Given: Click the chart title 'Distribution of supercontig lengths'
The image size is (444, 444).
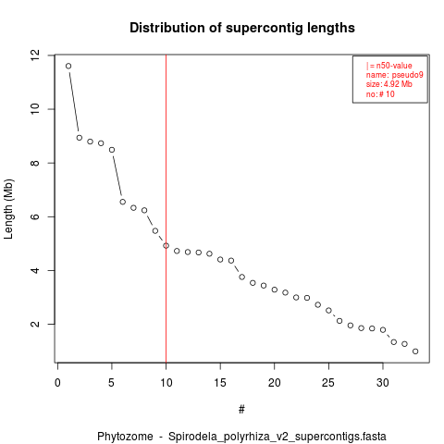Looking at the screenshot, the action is tap(242, 28).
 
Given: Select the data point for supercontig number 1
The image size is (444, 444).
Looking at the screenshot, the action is tap(68, 66).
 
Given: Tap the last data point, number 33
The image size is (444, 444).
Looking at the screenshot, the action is tap(415, 351).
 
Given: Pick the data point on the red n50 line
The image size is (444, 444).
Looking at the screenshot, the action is tap(166, 245).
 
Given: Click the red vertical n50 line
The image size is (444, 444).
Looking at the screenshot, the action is tap(166, 208).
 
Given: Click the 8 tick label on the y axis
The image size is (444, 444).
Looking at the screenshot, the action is tap(35, 163).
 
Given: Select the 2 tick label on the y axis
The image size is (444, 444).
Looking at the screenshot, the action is tap(35, 324).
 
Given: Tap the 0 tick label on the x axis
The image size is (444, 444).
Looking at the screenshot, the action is tap(57, 383).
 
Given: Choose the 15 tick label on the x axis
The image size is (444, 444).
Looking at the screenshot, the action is tap(220, 383).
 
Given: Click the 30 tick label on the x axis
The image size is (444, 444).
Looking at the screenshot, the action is tap(383, 383).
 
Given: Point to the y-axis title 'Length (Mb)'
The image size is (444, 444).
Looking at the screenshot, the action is tap(8, 209).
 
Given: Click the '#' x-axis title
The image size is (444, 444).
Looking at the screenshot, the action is tap(241, 410).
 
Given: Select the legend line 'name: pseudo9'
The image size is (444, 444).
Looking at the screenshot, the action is tap(395, 75).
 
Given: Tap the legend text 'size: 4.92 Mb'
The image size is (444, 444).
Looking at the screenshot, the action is tap(389, 84).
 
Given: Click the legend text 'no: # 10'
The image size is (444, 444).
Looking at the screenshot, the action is tap(380, 94).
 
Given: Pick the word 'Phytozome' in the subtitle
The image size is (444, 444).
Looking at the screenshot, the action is tap(125, 437).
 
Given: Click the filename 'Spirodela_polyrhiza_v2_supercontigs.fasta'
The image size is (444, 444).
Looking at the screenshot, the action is tap(277, 437).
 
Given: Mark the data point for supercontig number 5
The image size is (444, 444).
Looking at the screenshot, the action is tap(112, 150).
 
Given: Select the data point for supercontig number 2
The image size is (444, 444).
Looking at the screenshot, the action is tap(80, 138).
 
